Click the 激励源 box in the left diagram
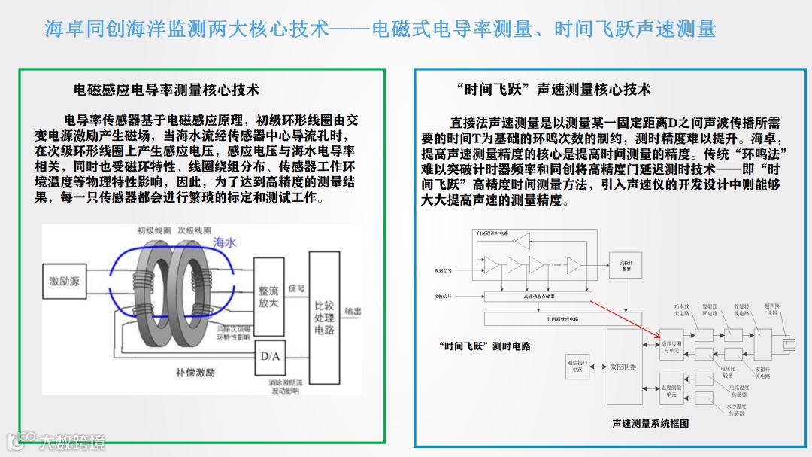65,281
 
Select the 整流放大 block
268,296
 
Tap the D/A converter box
269,356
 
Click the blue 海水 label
225,242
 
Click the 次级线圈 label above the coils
195,230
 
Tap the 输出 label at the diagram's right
353,311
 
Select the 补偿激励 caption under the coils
195,373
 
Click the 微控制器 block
623,367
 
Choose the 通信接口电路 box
577,366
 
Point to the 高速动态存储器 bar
539,297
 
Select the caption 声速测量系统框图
650,423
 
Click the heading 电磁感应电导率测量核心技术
166,90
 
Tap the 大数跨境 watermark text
73,442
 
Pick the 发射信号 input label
444,270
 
